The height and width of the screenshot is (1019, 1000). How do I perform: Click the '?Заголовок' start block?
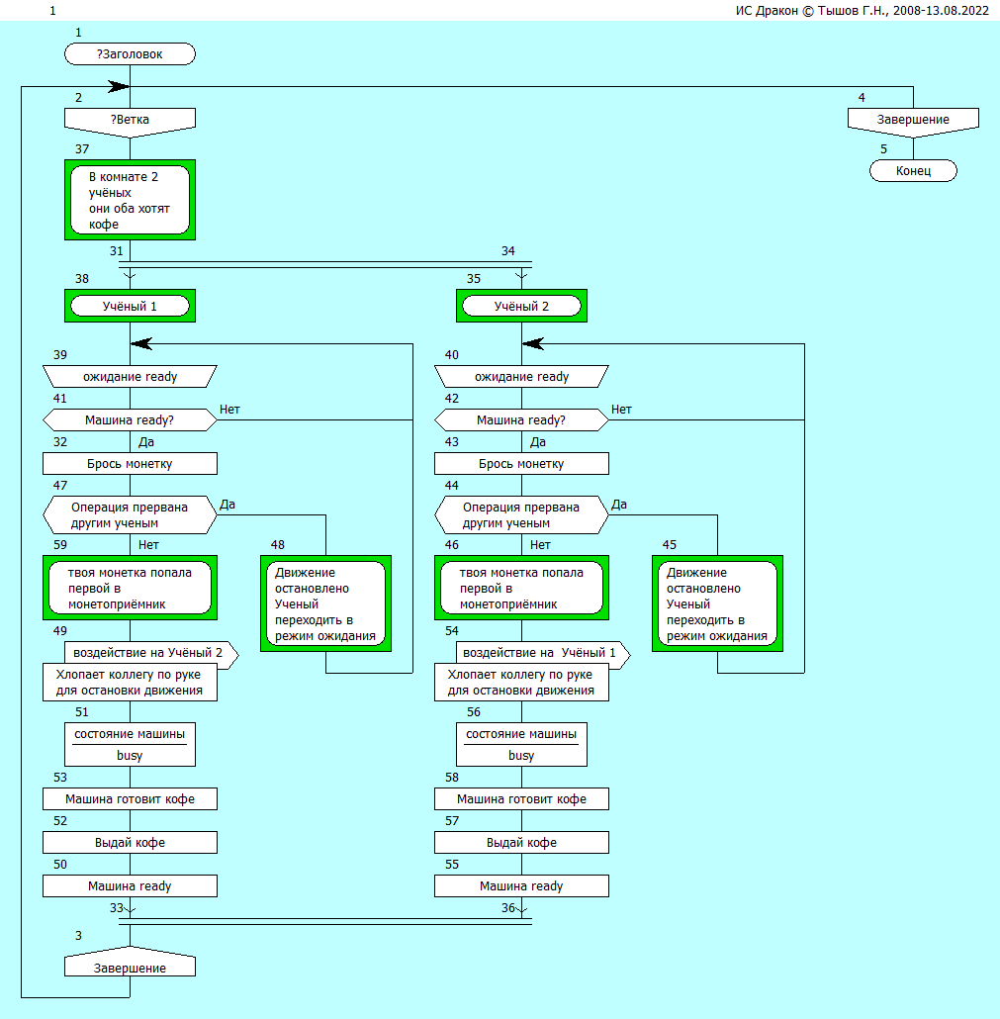click(130, 54)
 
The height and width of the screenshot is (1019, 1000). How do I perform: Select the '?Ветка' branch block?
click(130, 120)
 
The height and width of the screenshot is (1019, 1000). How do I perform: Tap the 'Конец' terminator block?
click(913, 171)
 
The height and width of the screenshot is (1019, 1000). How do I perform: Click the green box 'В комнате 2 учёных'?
click(130, 200)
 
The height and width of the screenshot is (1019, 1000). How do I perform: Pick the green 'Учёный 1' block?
click(130, 307)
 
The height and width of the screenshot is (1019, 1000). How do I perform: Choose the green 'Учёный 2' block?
click(521, 307)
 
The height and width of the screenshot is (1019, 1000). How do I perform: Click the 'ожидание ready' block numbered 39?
click(130, 377)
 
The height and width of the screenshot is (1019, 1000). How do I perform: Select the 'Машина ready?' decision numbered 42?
click(521, 420)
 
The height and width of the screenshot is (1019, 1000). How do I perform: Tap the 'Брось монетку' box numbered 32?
click(130, 464)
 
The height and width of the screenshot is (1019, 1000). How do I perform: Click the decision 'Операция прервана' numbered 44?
click(521, 514)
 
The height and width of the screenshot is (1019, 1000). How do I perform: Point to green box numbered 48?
click(325, 603)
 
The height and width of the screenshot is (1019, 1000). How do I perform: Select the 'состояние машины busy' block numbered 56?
click(521, 744)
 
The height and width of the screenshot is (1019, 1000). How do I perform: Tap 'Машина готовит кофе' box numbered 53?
click(130, 798)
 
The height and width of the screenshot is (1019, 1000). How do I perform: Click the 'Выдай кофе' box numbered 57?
click(521, 842)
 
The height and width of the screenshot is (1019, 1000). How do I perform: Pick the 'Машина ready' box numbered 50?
click(130, 885)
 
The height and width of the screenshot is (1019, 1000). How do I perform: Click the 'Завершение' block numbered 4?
click(913, 120)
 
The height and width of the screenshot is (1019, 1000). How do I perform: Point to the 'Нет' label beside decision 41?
click(230, 410)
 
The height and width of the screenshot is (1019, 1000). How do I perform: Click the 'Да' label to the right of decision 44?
click(619, 505)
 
